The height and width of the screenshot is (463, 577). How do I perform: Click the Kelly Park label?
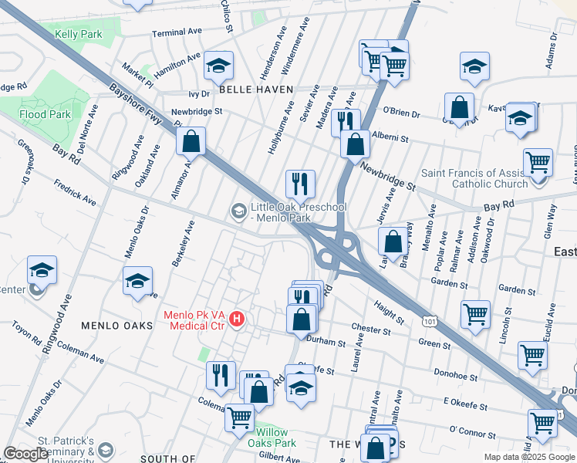click(79, 35)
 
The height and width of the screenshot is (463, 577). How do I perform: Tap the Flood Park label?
click(46, 114)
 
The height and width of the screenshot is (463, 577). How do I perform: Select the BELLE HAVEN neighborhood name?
click(256, 90)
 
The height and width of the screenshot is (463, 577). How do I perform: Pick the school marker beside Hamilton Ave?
click(219, 67)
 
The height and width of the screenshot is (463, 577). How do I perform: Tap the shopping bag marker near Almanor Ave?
click(191, 143)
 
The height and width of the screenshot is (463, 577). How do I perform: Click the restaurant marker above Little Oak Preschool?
click(299, 184)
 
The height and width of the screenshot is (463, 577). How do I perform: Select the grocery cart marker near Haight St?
click(475, 314)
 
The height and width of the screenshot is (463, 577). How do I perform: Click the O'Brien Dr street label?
click(401, 114)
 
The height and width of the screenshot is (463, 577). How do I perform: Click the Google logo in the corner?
click(25, 454)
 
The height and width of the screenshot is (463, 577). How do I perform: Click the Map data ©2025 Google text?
click(528, 457)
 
